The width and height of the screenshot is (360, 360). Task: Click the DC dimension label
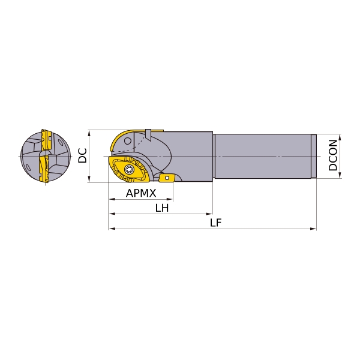click(x=82, y=155)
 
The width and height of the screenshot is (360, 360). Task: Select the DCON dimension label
click(x=333, y=155)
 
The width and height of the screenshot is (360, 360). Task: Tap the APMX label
click(x=141, y=193)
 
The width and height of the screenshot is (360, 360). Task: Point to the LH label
click(x=162, y=208)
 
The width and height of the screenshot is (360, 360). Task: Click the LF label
click(x=216, y=223)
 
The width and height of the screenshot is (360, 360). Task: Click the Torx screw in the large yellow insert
click(x=128, y=170)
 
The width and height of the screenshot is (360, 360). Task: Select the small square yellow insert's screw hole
click(x=167, y=178)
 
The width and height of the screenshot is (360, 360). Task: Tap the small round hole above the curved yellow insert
click(x=128, y=141)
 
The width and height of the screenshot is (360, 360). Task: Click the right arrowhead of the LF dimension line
click(x=313, y=229)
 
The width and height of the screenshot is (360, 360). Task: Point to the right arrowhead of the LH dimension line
click(x=209, y=214)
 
